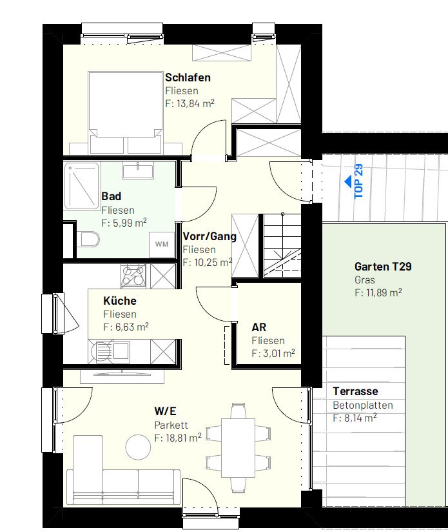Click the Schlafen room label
pyautogui.click(x=188, y=77)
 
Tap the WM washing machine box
pyautogui.click(x=162, y=244)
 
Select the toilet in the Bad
pyautogui.click(x=88, y=239)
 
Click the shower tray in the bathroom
pyautogui.click(x=82, y=186)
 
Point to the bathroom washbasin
pyautogui.click(x=138, y=170)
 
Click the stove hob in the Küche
pyautogui.click(x=133, y=276)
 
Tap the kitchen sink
pyautogui.click(x=121, y=351)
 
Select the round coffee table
pyautogui.click(x=138, y=447)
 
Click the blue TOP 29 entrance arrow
pyautogui.click(x=349, y=182)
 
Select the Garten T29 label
pyautogui.click(x=383, y=267)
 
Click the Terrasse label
pyautogui.click(x=355, y=391)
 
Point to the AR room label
pyautogui.click(x=259, y=327)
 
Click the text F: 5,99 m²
pyautogui.click(x=124, y=223)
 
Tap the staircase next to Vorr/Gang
pyautogui.click(x=282, y=245)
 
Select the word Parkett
pyautogui.click(x=171, y=425)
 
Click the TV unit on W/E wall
pyautogui.click(x=122, y=376)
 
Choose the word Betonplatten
pyautogui.click(x=363, y=405)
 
